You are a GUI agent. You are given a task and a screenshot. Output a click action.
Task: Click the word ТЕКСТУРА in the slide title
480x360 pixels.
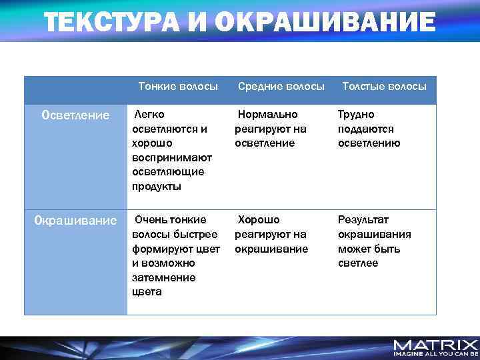pos(113,23)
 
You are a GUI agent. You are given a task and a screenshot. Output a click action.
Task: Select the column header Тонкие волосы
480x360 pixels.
pos(178,87)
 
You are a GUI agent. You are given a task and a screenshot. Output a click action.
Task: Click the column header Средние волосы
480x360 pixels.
pos(281,87)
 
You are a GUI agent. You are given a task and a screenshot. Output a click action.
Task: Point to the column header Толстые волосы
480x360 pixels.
pos(384,87)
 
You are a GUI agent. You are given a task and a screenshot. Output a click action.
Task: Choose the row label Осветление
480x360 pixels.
pos(75,115)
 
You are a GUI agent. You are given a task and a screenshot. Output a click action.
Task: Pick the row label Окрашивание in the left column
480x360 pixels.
pos(75,220)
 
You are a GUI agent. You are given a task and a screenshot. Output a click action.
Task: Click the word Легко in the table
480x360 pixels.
pos(150,114)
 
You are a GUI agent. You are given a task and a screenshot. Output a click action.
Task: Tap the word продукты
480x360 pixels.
pos(157,187)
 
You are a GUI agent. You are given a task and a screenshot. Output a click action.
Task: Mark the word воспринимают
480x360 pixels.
pos(172,157)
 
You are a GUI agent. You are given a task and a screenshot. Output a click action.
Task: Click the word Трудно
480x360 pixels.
pos(356,114)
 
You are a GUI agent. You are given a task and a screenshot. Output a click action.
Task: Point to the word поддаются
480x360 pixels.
pos(366,129)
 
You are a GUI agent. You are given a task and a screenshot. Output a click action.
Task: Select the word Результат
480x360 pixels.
pos(363,219)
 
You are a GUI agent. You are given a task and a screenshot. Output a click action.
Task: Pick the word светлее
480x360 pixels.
pos(358,263)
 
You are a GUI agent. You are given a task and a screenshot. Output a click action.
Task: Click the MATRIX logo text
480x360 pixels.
pos(435,345)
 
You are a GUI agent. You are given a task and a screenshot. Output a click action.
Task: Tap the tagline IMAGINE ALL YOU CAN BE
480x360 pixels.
pos(435,354)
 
